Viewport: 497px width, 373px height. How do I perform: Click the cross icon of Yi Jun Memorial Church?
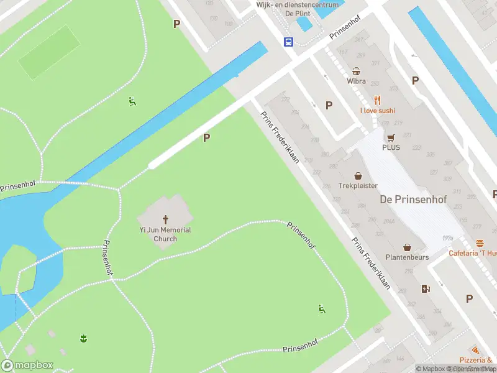click(165, 219)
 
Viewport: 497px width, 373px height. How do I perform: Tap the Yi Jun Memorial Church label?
click(165, 234)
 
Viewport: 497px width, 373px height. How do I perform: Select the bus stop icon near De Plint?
click(289, 42)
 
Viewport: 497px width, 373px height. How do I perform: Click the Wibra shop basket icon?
click(357, 71)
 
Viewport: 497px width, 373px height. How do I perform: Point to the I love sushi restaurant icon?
click(377, 100)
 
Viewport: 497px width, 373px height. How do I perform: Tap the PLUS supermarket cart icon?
click(391, 137)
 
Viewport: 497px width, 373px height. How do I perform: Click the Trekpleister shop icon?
click(358, 176)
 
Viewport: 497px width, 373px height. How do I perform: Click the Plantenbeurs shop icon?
click(407, 247)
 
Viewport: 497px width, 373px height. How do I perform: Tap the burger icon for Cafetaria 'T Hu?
click(480, 243)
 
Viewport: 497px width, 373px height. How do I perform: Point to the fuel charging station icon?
click(426, 288)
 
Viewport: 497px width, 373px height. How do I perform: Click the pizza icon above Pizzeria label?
click(476, 351)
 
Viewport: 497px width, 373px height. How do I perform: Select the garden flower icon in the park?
click(83, 338)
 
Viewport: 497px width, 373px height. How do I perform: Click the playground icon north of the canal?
click(132, 101)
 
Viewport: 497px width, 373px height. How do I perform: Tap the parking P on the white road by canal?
click(206, 138)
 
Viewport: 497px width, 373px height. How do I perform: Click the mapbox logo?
click(27, 366)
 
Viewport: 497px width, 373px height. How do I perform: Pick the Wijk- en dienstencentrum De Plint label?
click(298, 9)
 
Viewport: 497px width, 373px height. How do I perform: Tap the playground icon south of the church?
click(321, 309)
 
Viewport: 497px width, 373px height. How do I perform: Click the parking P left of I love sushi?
click(329, 105)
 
